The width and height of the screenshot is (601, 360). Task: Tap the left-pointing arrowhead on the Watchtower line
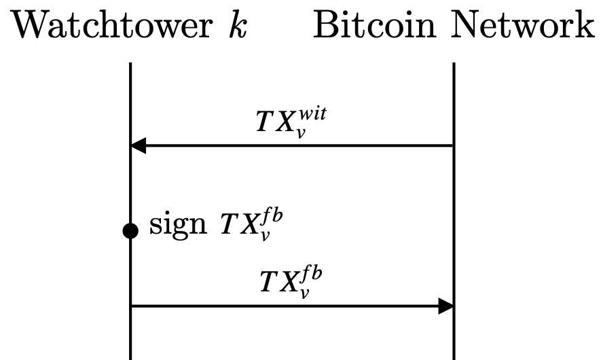tap(138, 145)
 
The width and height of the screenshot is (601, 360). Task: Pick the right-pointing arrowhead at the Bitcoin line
tap(445, 306)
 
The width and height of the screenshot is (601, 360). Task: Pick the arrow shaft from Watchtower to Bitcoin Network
tap(285, 306)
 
